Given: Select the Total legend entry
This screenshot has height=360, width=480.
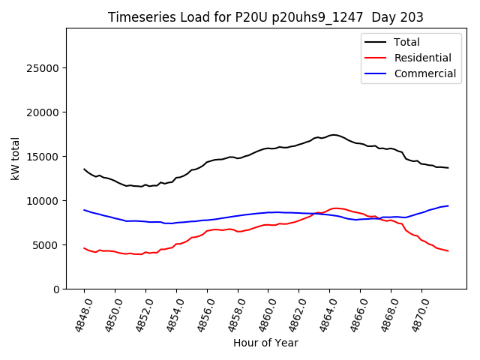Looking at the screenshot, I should tap(407, 42).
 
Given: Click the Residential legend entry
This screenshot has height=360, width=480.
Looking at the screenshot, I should tap(423, 58).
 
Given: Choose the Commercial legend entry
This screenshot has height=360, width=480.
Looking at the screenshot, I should tap(425, 73).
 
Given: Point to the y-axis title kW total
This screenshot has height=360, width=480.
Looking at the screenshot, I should tap(15, 158).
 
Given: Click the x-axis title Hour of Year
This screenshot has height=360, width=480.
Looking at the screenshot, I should tap(265, 343).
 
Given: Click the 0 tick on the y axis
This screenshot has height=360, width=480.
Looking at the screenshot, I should tap(56, 289).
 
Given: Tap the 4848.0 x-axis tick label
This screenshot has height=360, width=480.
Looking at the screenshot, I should tap(79, 313).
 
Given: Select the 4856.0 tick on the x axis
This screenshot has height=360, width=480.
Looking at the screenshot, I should tap(201, 313).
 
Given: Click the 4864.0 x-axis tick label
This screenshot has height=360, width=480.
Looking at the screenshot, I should tap(324, 313).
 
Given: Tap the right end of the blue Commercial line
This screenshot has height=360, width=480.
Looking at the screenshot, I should tap(448, 205).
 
